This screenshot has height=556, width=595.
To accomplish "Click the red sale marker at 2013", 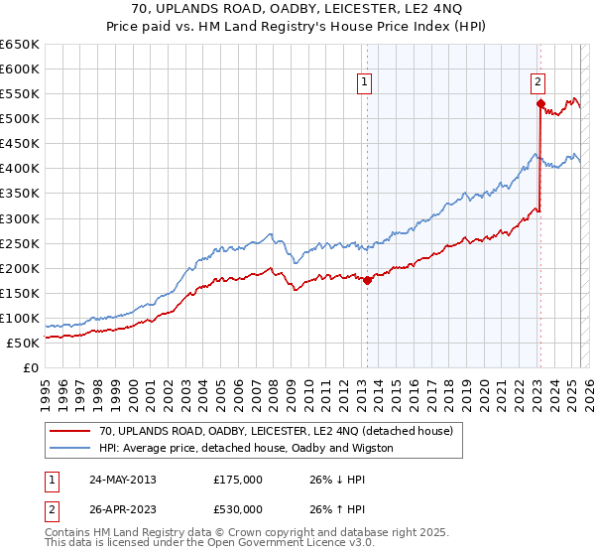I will pos(367,280).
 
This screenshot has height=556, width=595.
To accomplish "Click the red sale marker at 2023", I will pos(540,103).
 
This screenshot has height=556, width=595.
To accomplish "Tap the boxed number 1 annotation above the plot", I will pos(366,82).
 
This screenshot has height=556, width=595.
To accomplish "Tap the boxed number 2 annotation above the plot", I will pos(538,82).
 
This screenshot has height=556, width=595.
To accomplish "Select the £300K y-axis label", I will pos(20,218).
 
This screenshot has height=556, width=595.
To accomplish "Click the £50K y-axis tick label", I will pos(23,343).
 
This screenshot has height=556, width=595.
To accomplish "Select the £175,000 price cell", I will pos(238,480).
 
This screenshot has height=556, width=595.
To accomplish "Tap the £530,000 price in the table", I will pos(238,509).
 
